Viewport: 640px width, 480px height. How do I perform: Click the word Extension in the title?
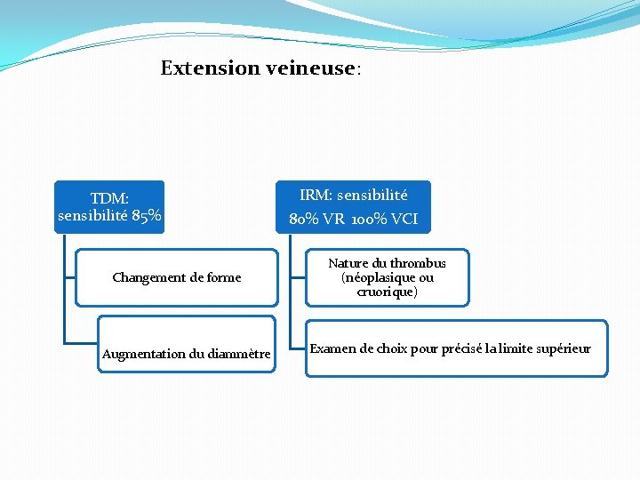210,68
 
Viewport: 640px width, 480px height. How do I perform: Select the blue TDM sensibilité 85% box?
109,207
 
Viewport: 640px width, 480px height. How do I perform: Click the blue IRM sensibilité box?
353,207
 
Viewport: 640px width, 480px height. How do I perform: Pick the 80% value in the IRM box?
305,219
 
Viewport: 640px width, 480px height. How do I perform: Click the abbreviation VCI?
404,219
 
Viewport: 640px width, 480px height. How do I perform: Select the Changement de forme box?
176,277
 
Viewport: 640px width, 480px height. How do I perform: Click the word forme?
222,277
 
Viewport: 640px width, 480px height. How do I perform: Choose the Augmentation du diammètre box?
186,354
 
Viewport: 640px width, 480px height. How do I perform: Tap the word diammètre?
237,355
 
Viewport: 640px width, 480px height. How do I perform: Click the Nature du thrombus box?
387,277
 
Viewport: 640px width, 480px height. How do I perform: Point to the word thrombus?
418,264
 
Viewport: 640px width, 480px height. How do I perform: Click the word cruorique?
387,292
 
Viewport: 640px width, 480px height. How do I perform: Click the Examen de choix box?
456,348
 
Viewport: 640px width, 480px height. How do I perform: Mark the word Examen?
330,348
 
